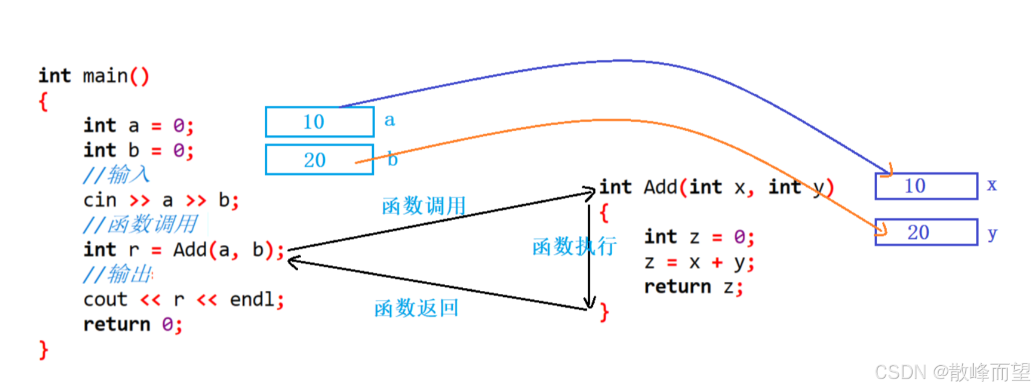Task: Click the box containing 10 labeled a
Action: (x=319, y=122)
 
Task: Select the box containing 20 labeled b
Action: (x=319, y=160)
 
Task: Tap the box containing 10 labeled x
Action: (x=926, y=186)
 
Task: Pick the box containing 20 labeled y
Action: (x=926, y=232)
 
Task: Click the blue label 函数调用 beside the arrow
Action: (x=423, y=206)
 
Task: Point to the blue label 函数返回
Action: (x=416, y=308)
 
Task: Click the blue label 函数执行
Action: (x=574, y=246)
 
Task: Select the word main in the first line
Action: (x=105, y=76)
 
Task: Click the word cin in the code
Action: (x=100, y=200)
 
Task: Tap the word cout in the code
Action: (x=105, y=299)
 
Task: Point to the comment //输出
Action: (x=119, y=275)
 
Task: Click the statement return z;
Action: (x=693, y=287)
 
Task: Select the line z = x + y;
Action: (x=699, y=262)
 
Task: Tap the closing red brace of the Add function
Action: (x=604, y=312)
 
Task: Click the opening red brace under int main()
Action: (x=43, y=101)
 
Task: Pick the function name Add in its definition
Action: (x=660, y=187)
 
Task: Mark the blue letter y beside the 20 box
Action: (x=992, y=233)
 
